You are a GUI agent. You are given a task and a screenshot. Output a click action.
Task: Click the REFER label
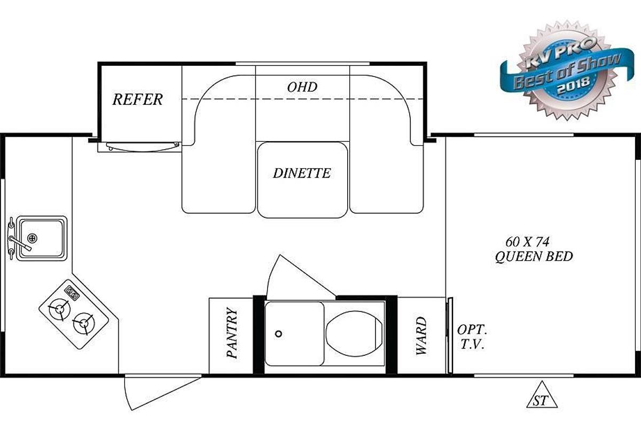[138, 99]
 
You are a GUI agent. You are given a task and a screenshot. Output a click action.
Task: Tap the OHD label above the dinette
[302, 87]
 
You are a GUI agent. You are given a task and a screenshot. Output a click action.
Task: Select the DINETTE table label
[302, 174]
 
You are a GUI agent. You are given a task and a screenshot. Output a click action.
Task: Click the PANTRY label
[232, 332]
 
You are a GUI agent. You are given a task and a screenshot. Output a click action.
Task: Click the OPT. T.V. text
[472, 337]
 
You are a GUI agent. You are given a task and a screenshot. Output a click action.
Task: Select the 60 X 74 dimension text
[527, 242]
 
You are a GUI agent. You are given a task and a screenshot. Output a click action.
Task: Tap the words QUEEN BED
[534, 256]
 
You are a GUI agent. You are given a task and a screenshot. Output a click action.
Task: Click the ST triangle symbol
[542, 395]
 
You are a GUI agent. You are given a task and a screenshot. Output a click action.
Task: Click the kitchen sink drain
[33, 238]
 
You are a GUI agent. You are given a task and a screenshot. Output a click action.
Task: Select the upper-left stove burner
[59, 309]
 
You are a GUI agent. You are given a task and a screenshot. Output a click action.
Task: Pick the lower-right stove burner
[83, 323]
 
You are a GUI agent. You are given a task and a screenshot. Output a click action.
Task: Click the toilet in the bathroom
[354, 333]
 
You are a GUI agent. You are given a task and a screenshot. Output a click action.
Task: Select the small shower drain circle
[278, 334]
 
